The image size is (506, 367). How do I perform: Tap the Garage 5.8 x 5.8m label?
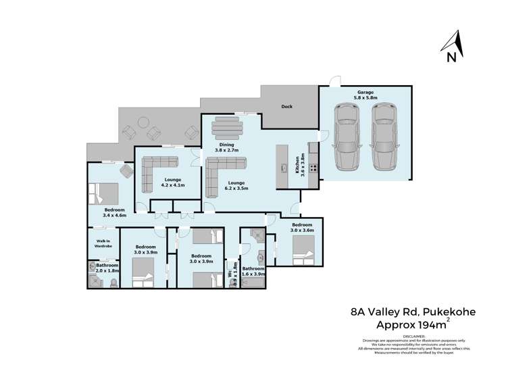(x=365, y=95)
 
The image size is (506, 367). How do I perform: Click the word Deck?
(x=287, y=106)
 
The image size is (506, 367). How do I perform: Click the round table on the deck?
(x=143, y=122)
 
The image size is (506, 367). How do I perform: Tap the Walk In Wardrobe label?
(x=103, y=243)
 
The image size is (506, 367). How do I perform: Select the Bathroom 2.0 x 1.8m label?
(x=107, y=268)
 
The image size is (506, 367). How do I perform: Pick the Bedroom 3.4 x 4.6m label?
(x=113, y=212)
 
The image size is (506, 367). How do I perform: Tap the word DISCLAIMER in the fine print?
(x=415, y=336)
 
